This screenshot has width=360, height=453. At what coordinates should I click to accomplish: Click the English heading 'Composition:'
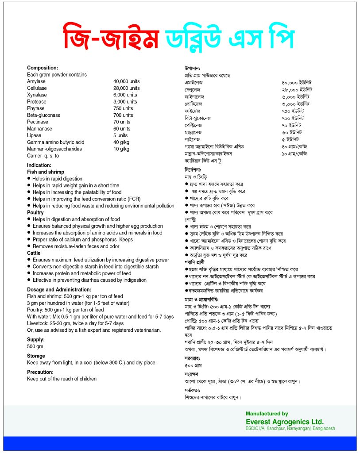[x=43, y=68]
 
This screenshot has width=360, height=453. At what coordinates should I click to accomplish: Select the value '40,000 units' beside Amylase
[x=126, y=81]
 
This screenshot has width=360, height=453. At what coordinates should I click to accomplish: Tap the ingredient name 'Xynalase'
[x=37, y=95]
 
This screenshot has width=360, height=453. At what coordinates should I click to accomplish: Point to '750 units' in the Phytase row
[x=123, y=108]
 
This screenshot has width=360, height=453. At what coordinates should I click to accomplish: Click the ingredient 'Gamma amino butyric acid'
[x=55, y=142]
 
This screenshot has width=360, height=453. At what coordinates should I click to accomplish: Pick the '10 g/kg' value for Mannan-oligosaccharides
[x=121, y=149]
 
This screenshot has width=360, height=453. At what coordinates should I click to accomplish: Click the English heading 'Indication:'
[x=39, y=165]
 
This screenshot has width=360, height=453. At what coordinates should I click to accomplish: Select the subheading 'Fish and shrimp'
[x=46, y=172]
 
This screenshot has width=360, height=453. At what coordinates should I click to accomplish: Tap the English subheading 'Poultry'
[x=35, y=212]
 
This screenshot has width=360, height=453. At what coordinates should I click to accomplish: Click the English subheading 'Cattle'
[x=34, y=253]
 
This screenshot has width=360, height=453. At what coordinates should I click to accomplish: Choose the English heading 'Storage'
[x=36, y=356]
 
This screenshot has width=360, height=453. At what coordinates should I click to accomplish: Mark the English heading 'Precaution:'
[x=40, y=372]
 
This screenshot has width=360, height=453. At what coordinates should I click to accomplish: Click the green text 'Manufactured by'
[x=267, y=414]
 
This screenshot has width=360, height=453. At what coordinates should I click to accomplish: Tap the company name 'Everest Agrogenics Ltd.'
[x=285, y=422]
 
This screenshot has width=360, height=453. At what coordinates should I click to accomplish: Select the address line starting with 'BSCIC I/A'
[x=290, y=428]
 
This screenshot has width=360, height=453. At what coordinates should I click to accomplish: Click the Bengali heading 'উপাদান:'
[x=193, y=69]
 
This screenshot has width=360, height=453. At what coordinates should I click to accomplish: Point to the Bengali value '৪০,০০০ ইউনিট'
[x=296, y=82]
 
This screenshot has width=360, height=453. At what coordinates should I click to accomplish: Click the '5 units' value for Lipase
[x=120, y=135]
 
